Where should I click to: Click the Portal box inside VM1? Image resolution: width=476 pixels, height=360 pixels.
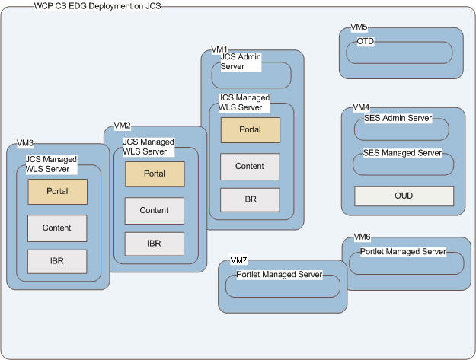(x=250, y=129)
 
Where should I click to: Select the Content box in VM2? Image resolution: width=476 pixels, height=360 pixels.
(x=155, y=210)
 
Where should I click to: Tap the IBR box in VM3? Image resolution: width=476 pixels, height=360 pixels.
(x=57, y=261)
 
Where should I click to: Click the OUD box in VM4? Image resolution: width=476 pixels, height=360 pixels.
(x=404, y=196)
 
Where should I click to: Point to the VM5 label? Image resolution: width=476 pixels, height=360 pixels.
(x=359, y=27)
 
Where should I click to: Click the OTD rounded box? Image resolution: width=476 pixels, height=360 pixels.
(x=400, y=52)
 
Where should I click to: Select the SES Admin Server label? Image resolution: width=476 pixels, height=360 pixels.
(x=398, y=118)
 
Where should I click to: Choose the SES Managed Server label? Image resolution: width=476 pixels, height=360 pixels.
(x=403, y=153)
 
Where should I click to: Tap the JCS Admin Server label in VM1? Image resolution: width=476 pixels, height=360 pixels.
(x=241, y=62)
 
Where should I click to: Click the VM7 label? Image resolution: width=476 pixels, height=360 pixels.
(x=238, y=260)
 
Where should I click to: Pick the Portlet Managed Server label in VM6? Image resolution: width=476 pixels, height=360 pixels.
(x=398, y=251)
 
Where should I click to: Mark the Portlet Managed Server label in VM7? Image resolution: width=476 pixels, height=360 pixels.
(x=279, y=274)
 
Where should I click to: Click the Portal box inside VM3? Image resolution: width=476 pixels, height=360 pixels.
(x=57, y=191)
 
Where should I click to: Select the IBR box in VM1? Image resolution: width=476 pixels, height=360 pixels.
(x=250, y=199)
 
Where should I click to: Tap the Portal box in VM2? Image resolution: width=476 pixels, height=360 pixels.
(x=155, y=174)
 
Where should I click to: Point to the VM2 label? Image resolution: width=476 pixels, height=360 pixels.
(x=122, y=125)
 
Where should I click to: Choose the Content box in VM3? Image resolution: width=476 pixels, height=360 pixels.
(x=57, y=228)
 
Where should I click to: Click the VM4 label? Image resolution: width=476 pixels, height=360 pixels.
(x=361, y=107)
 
